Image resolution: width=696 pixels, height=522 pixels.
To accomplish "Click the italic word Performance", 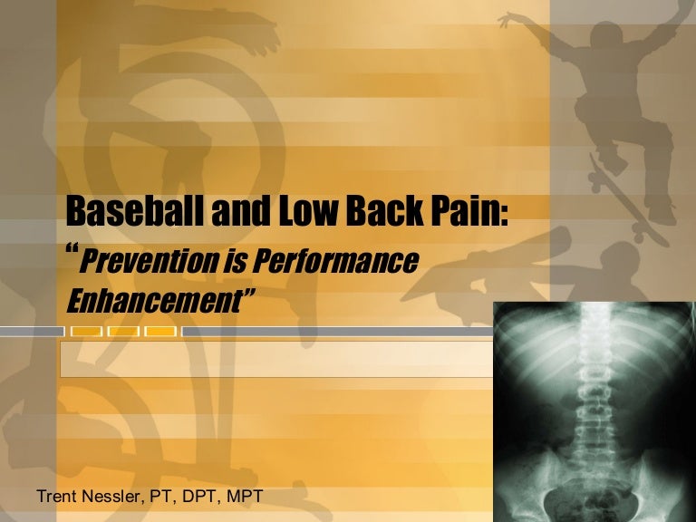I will pos(339,262).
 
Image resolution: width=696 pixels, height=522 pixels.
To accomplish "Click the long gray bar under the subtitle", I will pos(335,332).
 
